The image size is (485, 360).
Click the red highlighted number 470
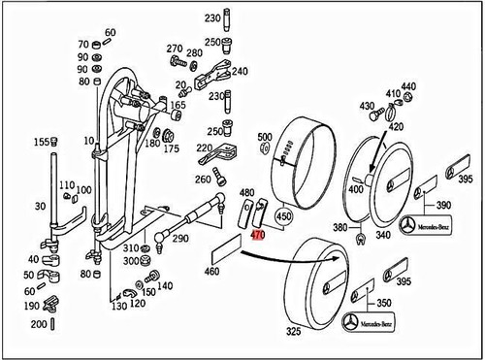tap(257, 235)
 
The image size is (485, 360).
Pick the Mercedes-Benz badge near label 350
tap(373, 321)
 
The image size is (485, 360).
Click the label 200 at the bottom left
tap(40, 323)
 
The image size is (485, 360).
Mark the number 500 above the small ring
tap(264, 137)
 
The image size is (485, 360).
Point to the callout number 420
tap(396, 125)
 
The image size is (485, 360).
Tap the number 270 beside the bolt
tap(175, 48)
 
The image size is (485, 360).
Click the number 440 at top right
tap(407, 86)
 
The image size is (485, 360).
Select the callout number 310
tap(130, 247)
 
